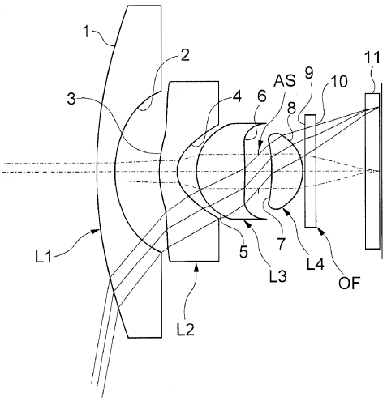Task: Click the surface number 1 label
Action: tap(86, 32)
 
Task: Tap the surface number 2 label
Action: tap(185, 56)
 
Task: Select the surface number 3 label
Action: tap(71, 99)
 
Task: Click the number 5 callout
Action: tap(243, 252)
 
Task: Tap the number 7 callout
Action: tap(281, 245)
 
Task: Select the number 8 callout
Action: tap(291, 109)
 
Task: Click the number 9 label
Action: tap(308, 73)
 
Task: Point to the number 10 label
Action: tap(338, 81)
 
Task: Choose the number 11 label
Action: tap(372, 58)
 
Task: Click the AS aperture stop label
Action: tap(285, 80)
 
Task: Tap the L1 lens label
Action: tap(43, 257)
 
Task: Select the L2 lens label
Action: tap(186, 329)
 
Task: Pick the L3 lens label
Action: tap(277, 276)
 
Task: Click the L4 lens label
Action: tap(316, 264)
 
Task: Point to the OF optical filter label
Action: tap(350, 283)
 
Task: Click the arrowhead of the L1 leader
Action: tap(97, 231)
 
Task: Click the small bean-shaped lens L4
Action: tap(286, 171)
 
